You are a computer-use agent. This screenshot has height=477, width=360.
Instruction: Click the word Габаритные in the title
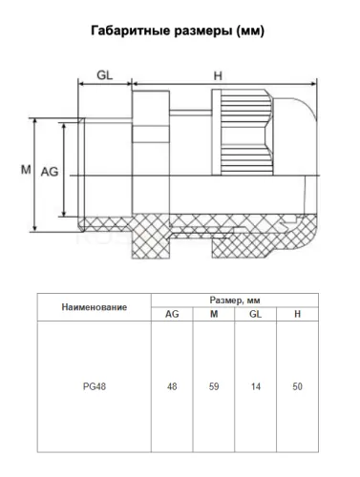(x=131, y=31)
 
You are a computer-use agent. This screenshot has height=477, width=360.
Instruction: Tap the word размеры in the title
(x=203, y=31)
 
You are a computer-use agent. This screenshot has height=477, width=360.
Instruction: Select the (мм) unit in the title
(x=250, y=31)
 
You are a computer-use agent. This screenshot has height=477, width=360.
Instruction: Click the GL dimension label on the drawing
(x=105, y=75)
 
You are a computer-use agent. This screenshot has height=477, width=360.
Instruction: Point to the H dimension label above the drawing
(x=218, y=75)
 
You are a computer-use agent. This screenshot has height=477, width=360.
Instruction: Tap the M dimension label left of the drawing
(x=26, y=170)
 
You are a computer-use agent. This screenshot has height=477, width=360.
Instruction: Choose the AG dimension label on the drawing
(x=50, y=172)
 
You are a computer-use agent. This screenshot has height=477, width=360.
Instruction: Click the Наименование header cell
(x=95, y=307)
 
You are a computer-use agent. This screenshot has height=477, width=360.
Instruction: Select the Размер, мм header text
(x=235, y=301)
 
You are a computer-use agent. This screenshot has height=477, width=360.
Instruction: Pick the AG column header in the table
(x=172, y=314)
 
